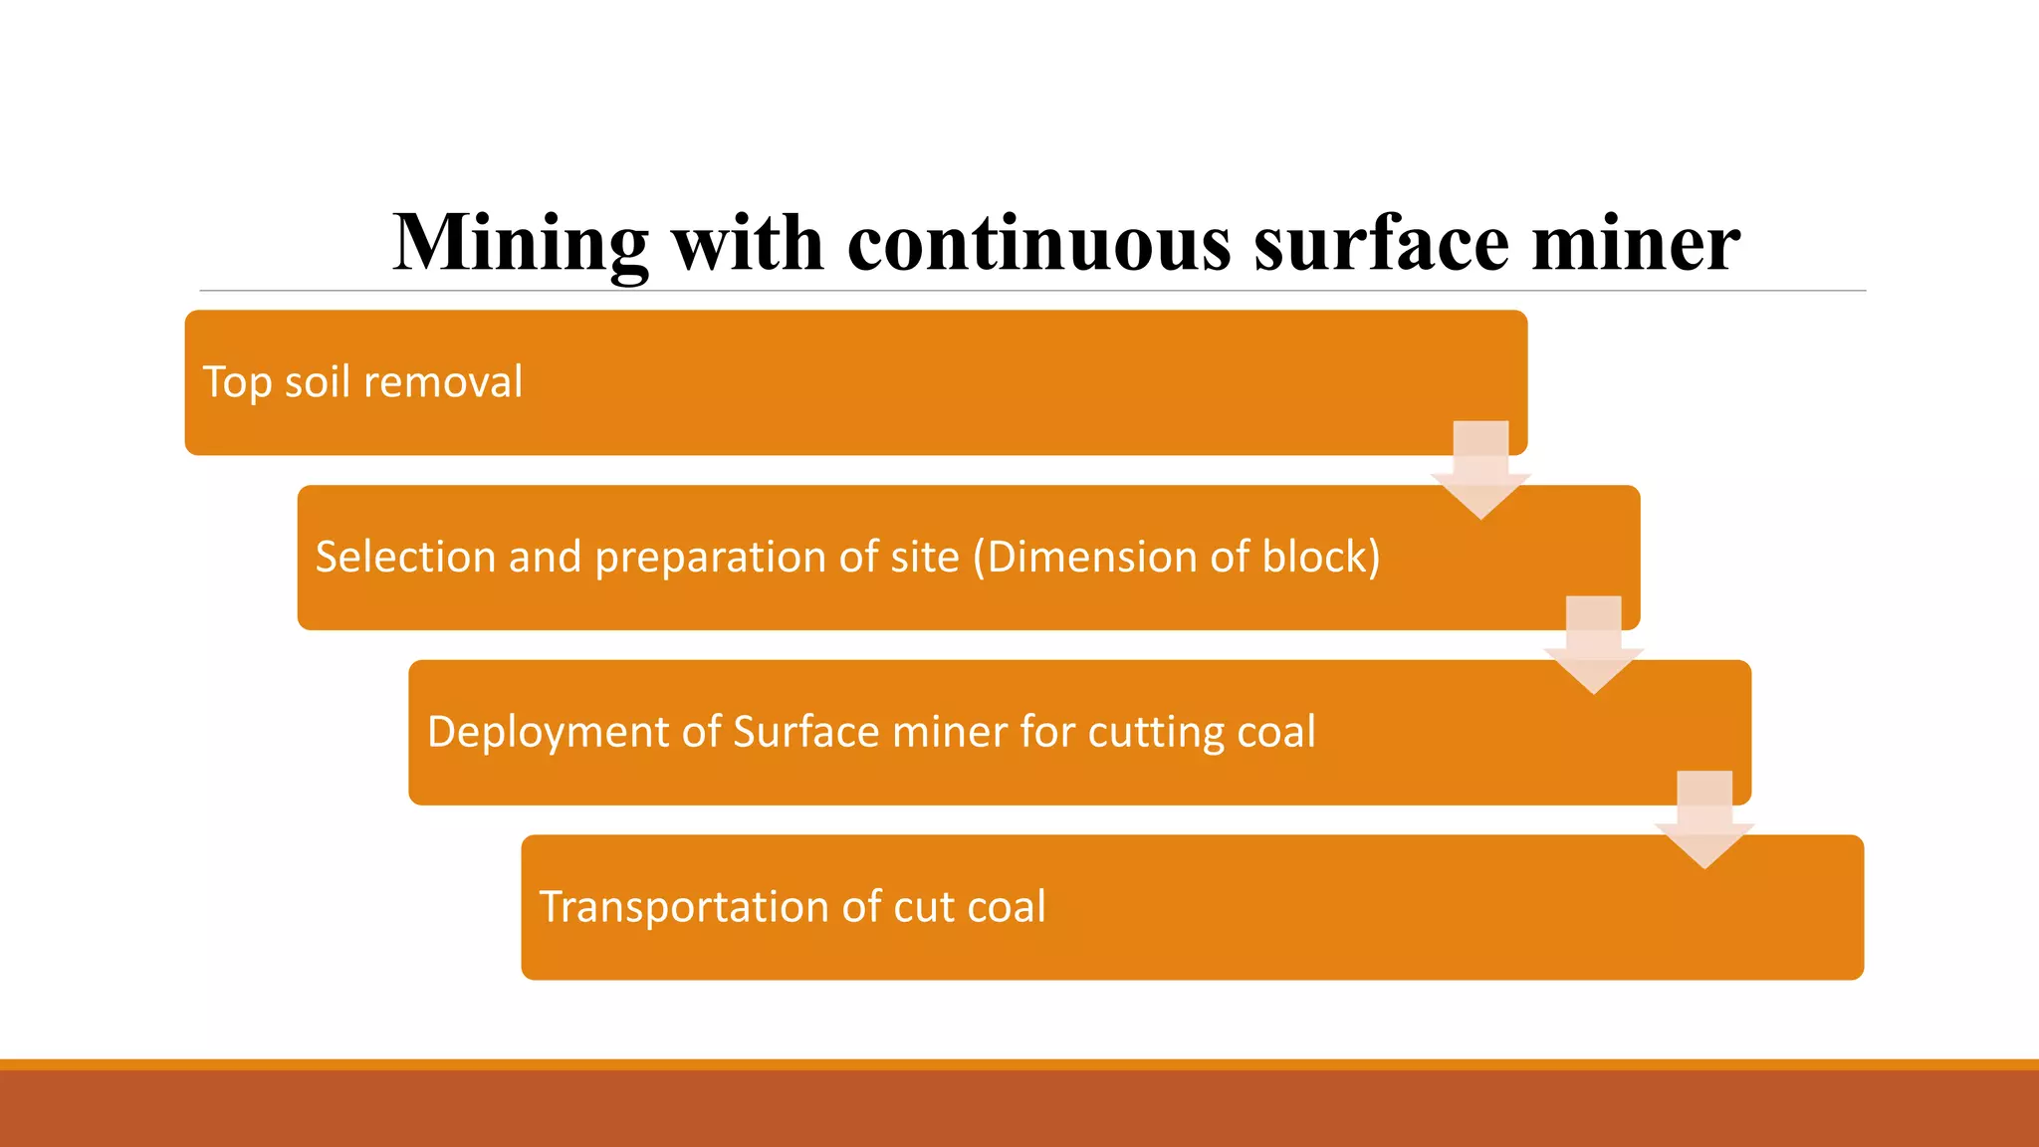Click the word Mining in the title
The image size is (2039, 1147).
521,244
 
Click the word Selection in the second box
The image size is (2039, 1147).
405,557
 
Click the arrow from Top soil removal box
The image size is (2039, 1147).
1480,469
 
